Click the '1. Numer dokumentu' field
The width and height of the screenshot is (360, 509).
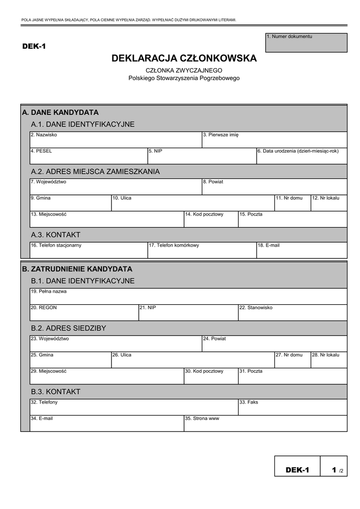[x=306, y=43]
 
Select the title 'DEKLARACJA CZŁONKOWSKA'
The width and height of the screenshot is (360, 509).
[x=184, y=59]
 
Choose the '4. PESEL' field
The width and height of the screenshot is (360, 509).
[x=89, y=156]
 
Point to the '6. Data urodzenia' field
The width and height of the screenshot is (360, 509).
[x=301, y=156]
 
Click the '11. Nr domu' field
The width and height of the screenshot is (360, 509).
[x=292, y=203]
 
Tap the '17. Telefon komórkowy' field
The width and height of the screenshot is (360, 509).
[x=202, y=251]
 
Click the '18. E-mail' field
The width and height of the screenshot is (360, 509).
[x=301, y=251]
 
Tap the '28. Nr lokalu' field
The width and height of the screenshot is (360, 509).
[x=329, y=360]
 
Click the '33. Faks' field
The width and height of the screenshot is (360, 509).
[x=292, y=408]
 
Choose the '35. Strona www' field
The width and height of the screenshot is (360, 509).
[x=265, y=424]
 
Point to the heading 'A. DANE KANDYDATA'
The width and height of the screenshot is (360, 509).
[x=60, y=112]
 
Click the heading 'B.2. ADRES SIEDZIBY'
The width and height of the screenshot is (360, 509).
[x=68, y=328]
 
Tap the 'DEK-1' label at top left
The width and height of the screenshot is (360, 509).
[x=34, y=47]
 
